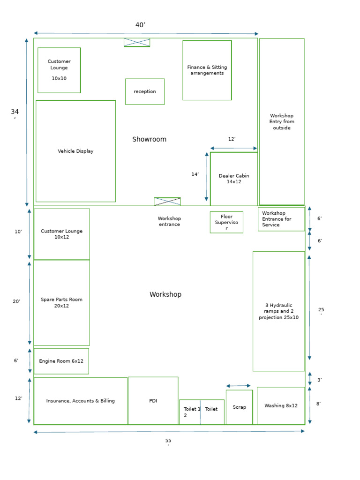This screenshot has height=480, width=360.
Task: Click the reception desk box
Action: point(145,91)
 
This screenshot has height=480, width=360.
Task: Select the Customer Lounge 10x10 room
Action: point(59,70)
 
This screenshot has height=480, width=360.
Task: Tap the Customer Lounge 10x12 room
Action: point(61,234)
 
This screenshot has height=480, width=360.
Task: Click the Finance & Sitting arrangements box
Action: point(207,70)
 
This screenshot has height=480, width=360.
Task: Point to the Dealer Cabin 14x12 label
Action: point(234,179)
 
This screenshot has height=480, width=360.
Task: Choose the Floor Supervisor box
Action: point(226,222)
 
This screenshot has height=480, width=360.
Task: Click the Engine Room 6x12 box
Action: point(61,361)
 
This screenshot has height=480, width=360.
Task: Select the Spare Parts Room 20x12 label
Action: point(61,303)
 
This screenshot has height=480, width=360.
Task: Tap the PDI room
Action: point(153,401)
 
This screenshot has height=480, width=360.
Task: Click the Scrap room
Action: point(239,407)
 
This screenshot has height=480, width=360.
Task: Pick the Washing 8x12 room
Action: point(281,406)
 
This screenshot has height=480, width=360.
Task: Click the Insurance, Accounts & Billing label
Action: point(80,401)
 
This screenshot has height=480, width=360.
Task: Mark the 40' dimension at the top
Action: point(140,25)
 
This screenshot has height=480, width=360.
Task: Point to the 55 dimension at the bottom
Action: point(168,441)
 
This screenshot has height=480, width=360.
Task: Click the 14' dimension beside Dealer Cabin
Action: point(195,174)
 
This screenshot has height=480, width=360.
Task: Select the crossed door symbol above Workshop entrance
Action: point(167,202)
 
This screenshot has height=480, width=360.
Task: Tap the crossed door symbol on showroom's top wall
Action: point(137,43)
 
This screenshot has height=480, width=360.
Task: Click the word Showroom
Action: point(149,139)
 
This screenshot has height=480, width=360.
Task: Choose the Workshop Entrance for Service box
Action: point(281,219)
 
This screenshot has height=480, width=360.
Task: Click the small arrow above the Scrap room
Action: point(239,386)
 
